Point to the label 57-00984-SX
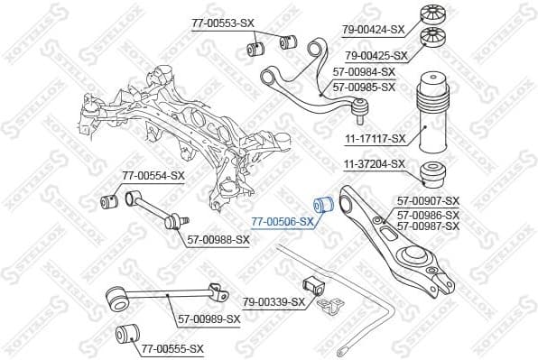pos(363,71)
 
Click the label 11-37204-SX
pos(375,164)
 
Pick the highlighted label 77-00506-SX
pos(283,221)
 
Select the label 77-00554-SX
pos(153,175)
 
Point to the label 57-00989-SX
pos(209,318)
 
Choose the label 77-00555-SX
pos(172,348)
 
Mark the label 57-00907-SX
pos(429,201)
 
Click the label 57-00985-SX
pos(364,87)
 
